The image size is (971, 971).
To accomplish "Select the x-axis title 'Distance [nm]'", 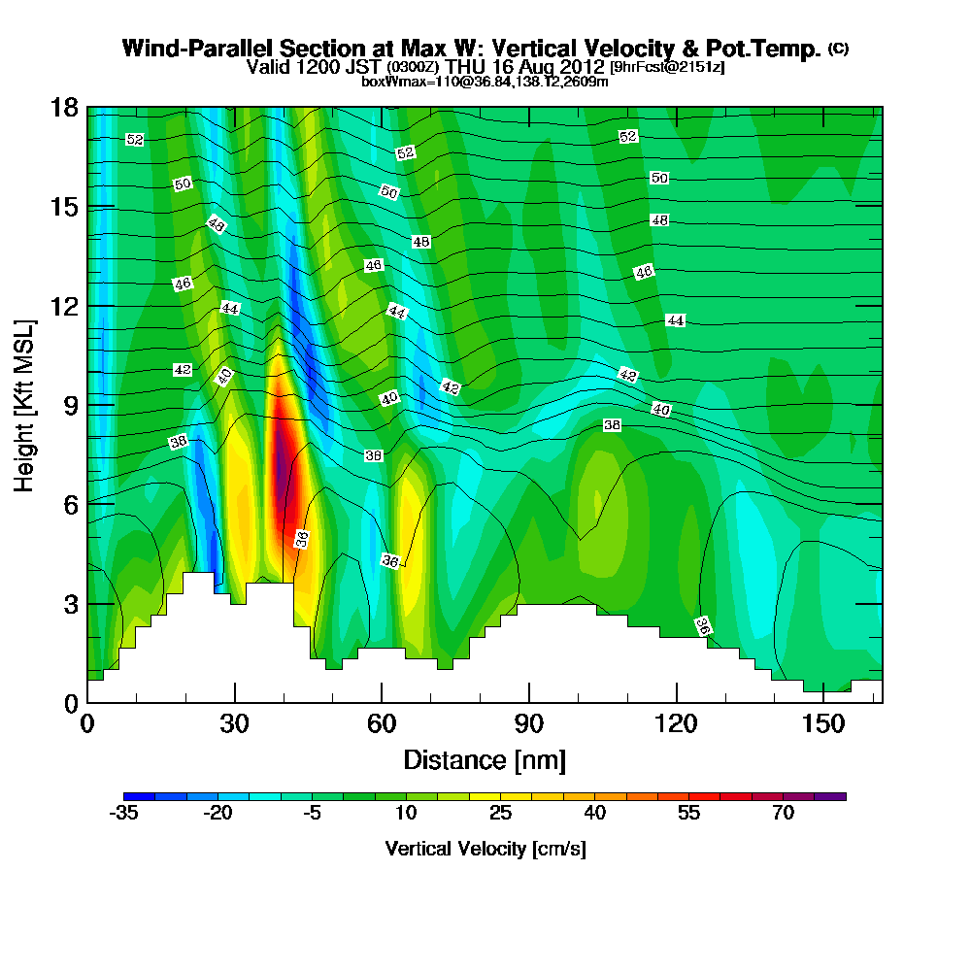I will (485, 759).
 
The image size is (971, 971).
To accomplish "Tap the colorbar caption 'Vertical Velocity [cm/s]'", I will (485, 849).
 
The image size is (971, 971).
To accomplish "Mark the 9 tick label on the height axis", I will (70, 405).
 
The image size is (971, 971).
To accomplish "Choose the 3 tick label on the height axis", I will (70, 603).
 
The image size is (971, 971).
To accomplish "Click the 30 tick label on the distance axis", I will (234, 723).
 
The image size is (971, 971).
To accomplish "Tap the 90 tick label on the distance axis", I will (528, 723).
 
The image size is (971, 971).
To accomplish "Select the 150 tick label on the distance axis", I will (822, 723).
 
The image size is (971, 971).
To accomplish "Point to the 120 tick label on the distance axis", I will (676, 723).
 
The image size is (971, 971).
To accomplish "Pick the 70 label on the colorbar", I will (784, 814).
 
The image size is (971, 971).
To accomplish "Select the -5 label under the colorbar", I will (312, 814).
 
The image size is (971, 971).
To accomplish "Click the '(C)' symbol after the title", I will (838, 49).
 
